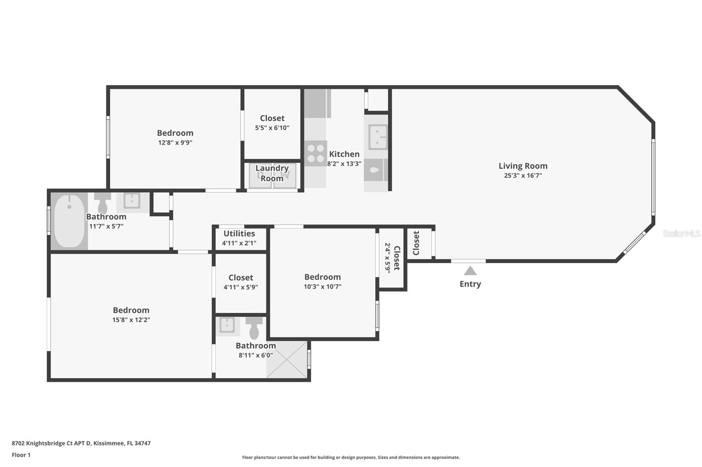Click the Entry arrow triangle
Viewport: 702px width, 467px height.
pyautogui.click(x=470, y=271)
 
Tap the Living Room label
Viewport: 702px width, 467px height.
pyautogui.click(x=523, y=166)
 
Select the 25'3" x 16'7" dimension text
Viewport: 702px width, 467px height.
pyautogui.click(x=523, y=176)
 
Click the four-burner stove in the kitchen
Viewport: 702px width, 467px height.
pyautogui.click(x=315, y=153)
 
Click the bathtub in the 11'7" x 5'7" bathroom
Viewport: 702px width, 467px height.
pyautogui.click(x=69, y=221)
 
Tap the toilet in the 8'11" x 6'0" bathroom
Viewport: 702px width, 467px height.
pyautogui.click(x=254, y=328)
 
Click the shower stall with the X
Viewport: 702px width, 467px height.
pyautogui.click(x=287, y=359)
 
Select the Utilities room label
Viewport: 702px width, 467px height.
pyautogui.click(x=239, y=233)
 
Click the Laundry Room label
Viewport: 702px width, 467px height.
pyautogui.click(x=272, y=173)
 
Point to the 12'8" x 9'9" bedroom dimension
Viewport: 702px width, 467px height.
pyautogui.click(x=175, y=143)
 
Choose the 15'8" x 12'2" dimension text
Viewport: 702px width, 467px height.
pyautogui.click(x=131, y=320)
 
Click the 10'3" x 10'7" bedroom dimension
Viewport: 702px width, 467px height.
pyautogui.click(x=322, y=287)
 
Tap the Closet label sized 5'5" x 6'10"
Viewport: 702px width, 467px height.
pyautogui.click(x=272, y=118)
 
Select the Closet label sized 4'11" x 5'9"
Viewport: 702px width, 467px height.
pyautogui.click(x=241, y=278)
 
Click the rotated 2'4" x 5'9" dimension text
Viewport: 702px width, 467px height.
pyautogui.click(x=388, y=258)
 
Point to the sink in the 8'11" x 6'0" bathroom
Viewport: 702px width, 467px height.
pyautogui.click(x=227, y=325)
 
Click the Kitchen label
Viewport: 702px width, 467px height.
pyautogui.click(x=344, y=154)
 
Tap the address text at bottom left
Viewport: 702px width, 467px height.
pyautogui.click(x=81, y=443)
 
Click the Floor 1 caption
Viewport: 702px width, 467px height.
pyautogui.click(x=21, y=455)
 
